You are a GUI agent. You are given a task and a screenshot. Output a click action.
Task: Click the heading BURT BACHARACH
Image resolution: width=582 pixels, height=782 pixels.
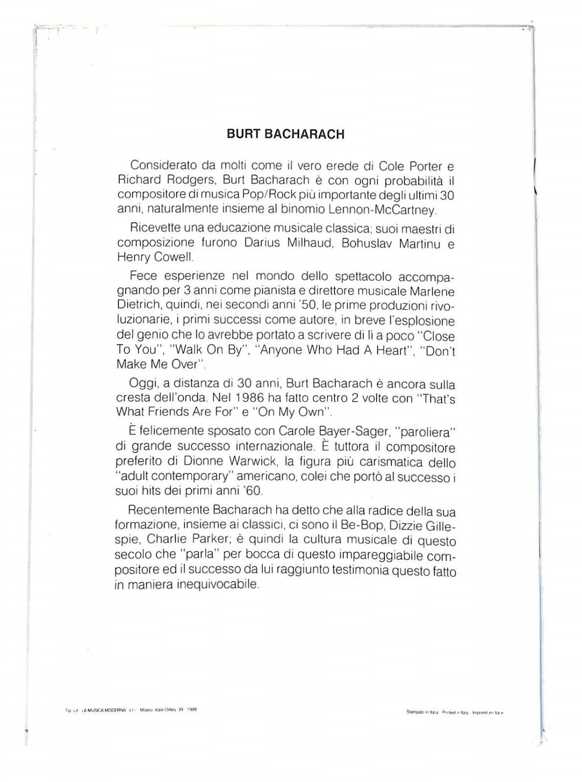pos(286,134)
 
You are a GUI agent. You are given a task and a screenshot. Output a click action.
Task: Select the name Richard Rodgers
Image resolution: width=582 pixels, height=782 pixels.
pos(151,181)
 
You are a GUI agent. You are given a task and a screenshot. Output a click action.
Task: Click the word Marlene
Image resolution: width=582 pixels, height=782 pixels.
pos(432,292)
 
